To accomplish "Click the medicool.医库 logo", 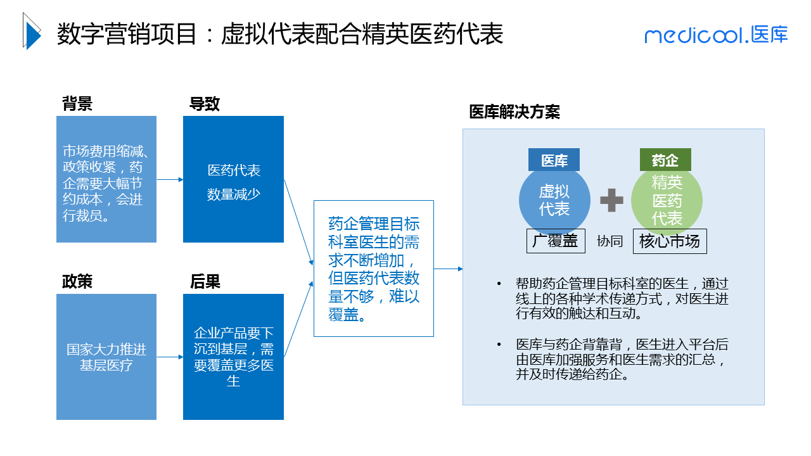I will click(716, 35).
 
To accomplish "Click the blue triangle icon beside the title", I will click(31, 32).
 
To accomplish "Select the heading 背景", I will click(77, 104).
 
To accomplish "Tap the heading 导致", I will click(205, 104).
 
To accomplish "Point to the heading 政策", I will click(77, 281).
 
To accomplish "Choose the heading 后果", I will click(205, 281).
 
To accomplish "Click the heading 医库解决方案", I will click(514, 112).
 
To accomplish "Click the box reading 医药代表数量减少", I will click(233, 179).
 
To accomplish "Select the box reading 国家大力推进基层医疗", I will click(106, 357).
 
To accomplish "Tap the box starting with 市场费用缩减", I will click(106, 179).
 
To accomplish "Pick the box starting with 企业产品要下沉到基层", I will click(233, 357).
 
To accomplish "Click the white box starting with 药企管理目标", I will click(374, 269).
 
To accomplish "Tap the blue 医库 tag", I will click(554, 161).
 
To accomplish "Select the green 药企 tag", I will click(665, 161).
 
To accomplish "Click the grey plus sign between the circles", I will click(611, 199).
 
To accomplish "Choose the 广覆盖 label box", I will click(556, 241).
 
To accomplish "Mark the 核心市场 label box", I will click(670, 241).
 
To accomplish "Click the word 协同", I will click(610, 241).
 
